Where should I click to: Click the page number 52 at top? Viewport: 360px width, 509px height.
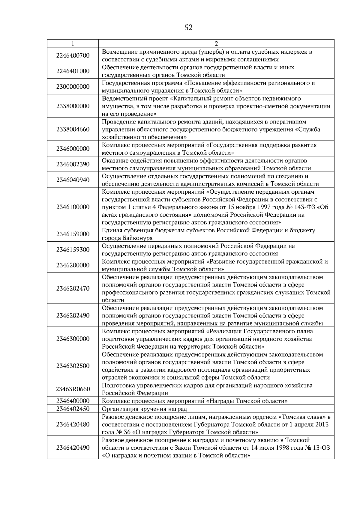click(x=188, y=28)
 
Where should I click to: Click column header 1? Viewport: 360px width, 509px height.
click(x=73, y=44)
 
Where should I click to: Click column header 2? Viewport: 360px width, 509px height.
click(x=216, y=44)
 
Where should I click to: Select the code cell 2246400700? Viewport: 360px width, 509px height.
click(x=73, y=55)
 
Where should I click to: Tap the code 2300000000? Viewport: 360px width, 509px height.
click(x=73, y=87)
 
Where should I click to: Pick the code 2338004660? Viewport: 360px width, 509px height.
click(x=73, y=129)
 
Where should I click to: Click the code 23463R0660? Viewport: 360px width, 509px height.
click(x=73, y=389)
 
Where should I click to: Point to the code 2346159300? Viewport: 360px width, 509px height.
click(x=73, y=250)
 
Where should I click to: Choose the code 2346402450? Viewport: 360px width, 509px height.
click(x=73, y=409)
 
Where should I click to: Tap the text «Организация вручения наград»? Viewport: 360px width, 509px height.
click(x=144, y=409)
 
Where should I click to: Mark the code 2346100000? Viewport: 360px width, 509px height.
click(x=73, y=207)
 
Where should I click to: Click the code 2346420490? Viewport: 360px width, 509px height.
click(x=73, y=448)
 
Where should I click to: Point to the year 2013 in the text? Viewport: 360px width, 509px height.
click(x=322, y=425)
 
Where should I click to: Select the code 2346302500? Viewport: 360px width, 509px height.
click(x=73, y=366)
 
